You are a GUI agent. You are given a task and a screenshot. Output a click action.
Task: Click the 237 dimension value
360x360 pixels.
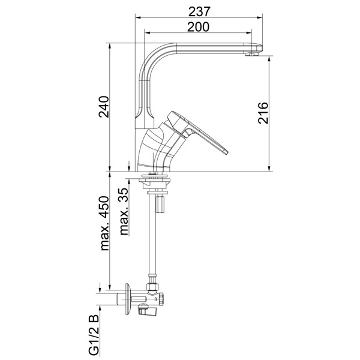tap(199, 11)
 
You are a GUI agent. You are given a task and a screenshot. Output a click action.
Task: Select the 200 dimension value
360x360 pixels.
tap(199, 27)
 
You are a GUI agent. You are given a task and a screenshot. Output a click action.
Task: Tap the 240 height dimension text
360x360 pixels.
tap(104, 107)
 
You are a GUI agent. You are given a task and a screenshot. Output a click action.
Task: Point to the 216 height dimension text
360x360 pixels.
tap(263, 113)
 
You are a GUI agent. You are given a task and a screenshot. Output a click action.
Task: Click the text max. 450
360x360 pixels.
tap(104, 223)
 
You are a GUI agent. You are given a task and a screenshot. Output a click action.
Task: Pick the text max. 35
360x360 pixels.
tap(124, 211)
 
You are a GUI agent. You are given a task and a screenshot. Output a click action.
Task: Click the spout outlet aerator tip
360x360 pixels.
tap(251, 54)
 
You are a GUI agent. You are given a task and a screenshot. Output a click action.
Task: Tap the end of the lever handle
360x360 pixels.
tap(226, 152)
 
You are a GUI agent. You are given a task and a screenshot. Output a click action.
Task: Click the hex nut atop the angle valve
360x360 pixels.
tap(152, 287)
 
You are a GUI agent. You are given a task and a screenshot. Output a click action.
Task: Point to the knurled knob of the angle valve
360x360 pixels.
tap(161, 299)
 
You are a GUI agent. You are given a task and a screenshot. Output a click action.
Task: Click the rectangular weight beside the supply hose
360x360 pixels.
tap(160, 204)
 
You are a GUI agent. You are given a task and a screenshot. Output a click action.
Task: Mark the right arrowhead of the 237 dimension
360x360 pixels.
tap(260, 17)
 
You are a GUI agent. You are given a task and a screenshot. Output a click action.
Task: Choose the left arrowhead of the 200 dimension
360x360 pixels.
tap(147, 33)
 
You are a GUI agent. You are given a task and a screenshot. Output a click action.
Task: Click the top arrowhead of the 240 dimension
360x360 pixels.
tap(110, 46)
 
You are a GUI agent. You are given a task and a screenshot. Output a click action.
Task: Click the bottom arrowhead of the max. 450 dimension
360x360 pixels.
tap(110, 287)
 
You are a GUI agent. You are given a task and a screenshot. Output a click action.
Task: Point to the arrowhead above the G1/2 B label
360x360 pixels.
tap(100, 308)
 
